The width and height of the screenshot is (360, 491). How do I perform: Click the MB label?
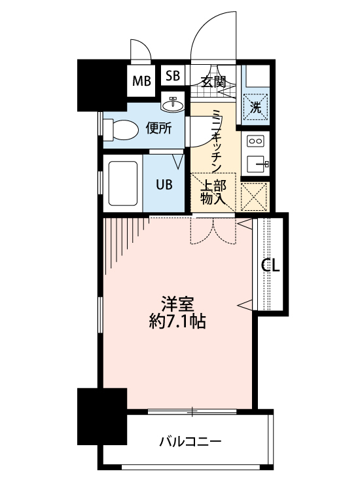[x=141, y=81]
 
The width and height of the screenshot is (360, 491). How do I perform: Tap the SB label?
[x=173, y=75]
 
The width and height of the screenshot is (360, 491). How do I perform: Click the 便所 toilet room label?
[x=159, y=128]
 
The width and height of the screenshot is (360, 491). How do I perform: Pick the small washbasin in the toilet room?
[x=175, y=103]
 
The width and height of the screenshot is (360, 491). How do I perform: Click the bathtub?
[x=120, y=182]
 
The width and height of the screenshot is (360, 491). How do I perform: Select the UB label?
[x=164, y=184]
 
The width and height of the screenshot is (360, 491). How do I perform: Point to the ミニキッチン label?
[x=217, y=139]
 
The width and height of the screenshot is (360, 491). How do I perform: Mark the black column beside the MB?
[x=102, y=85]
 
